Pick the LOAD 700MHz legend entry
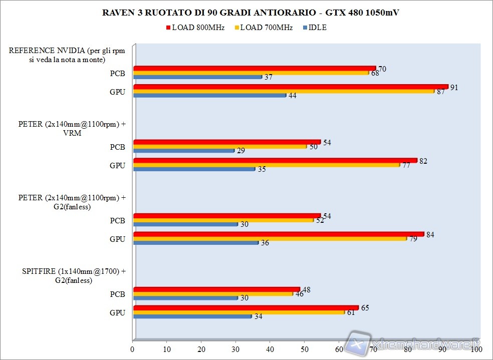point(263,28)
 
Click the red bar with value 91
point(291,87)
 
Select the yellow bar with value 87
point(284,91)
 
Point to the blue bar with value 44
point(210,95)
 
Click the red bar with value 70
point(255,68)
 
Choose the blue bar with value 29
point(184,150)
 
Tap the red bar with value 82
point(275,160)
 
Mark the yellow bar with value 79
point(270,238)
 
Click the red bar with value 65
point(246,307)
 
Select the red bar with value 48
point(216,289)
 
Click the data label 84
point(430,234)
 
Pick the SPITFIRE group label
point(74,276)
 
